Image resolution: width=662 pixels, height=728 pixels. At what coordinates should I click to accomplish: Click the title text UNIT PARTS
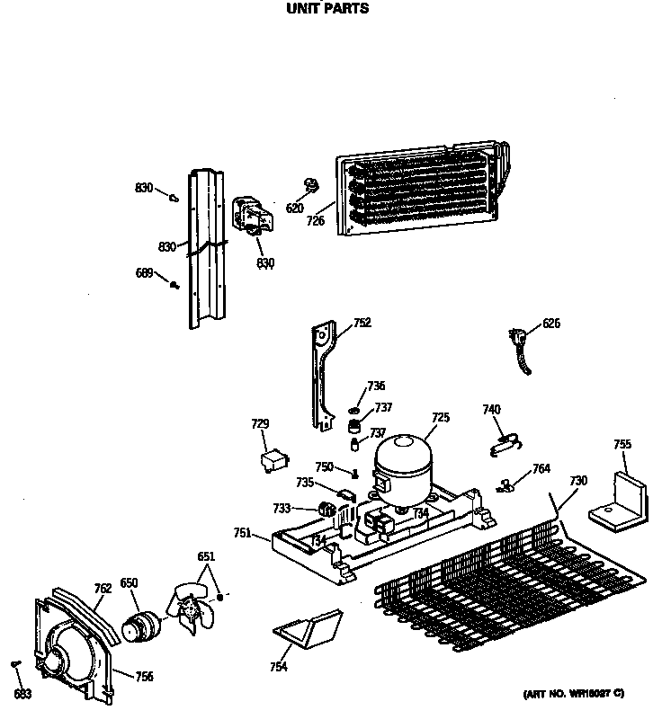click(327, 10)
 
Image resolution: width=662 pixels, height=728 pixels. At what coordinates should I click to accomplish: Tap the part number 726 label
click(315, 220)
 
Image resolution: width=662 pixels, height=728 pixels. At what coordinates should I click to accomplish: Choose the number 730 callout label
click(577, 481)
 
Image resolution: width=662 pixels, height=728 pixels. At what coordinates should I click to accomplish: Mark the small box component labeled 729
click(269, 461)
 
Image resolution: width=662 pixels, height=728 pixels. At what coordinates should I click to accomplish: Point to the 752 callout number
click(362, 323)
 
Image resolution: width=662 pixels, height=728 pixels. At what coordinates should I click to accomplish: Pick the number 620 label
click(295, 209)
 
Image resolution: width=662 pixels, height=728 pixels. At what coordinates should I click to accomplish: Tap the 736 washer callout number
click(376, 386)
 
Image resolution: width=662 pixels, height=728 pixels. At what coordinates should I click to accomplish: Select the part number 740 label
click(491, 410)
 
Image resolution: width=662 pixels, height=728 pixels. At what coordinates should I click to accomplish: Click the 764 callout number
click(541, 468)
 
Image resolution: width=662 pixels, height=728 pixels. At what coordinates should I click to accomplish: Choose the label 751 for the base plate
click(242, 533)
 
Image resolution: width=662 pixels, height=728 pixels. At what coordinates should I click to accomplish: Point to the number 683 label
click(23, 695)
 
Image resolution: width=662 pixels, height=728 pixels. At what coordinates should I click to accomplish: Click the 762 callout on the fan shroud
click(103, 589)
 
